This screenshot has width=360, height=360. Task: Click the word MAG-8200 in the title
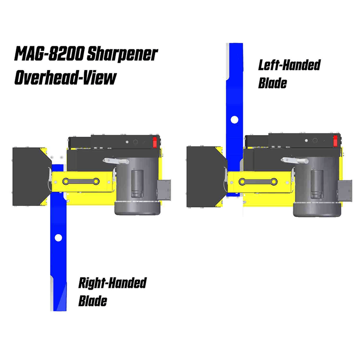49,54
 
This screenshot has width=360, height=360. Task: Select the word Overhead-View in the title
65,77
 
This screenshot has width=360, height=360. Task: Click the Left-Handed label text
289,65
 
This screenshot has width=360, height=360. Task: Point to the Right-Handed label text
112,283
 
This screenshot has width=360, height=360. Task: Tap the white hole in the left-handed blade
234,120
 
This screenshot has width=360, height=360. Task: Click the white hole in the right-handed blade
58,238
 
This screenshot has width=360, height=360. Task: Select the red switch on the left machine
155,142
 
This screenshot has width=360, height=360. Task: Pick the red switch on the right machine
335,140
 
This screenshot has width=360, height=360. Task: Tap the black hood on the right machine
206,177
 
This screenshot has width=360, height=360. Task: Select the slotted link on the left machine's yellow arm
81,181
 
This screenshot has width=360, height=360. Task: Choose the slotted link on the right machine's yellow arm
258,182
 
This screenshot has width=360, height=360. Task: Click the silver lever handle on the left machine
116,161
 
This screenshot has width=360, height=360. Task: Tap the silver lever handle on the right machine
294,161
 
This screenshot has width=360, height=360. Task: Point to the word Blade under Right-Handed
93,301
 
